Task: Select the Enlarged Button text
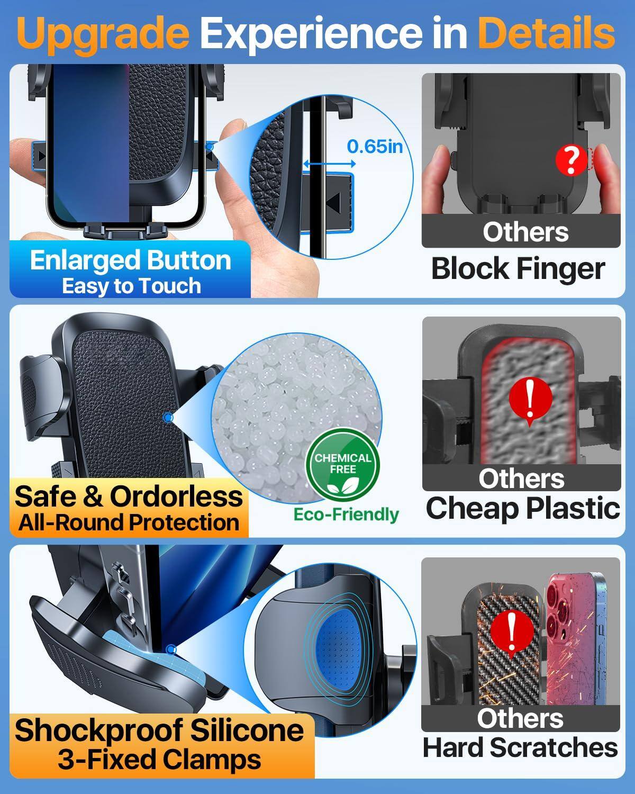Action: pos(130,260)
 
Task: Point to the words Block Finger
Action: pos(518,268)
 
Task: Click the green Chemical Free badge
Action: pos(343,464)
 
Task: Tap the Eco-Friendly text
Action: pos(346,514)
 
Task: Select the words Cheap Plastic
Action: pos(522,508)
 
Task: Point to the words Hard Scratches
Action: pos(520,747)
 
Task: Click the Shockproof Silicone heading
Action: pos(159,730)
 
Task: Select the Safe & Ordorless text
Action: pos(129,496)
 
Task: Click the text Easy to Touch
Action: pos(131,286)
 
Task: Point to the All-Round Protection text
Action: pos(129,522)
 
